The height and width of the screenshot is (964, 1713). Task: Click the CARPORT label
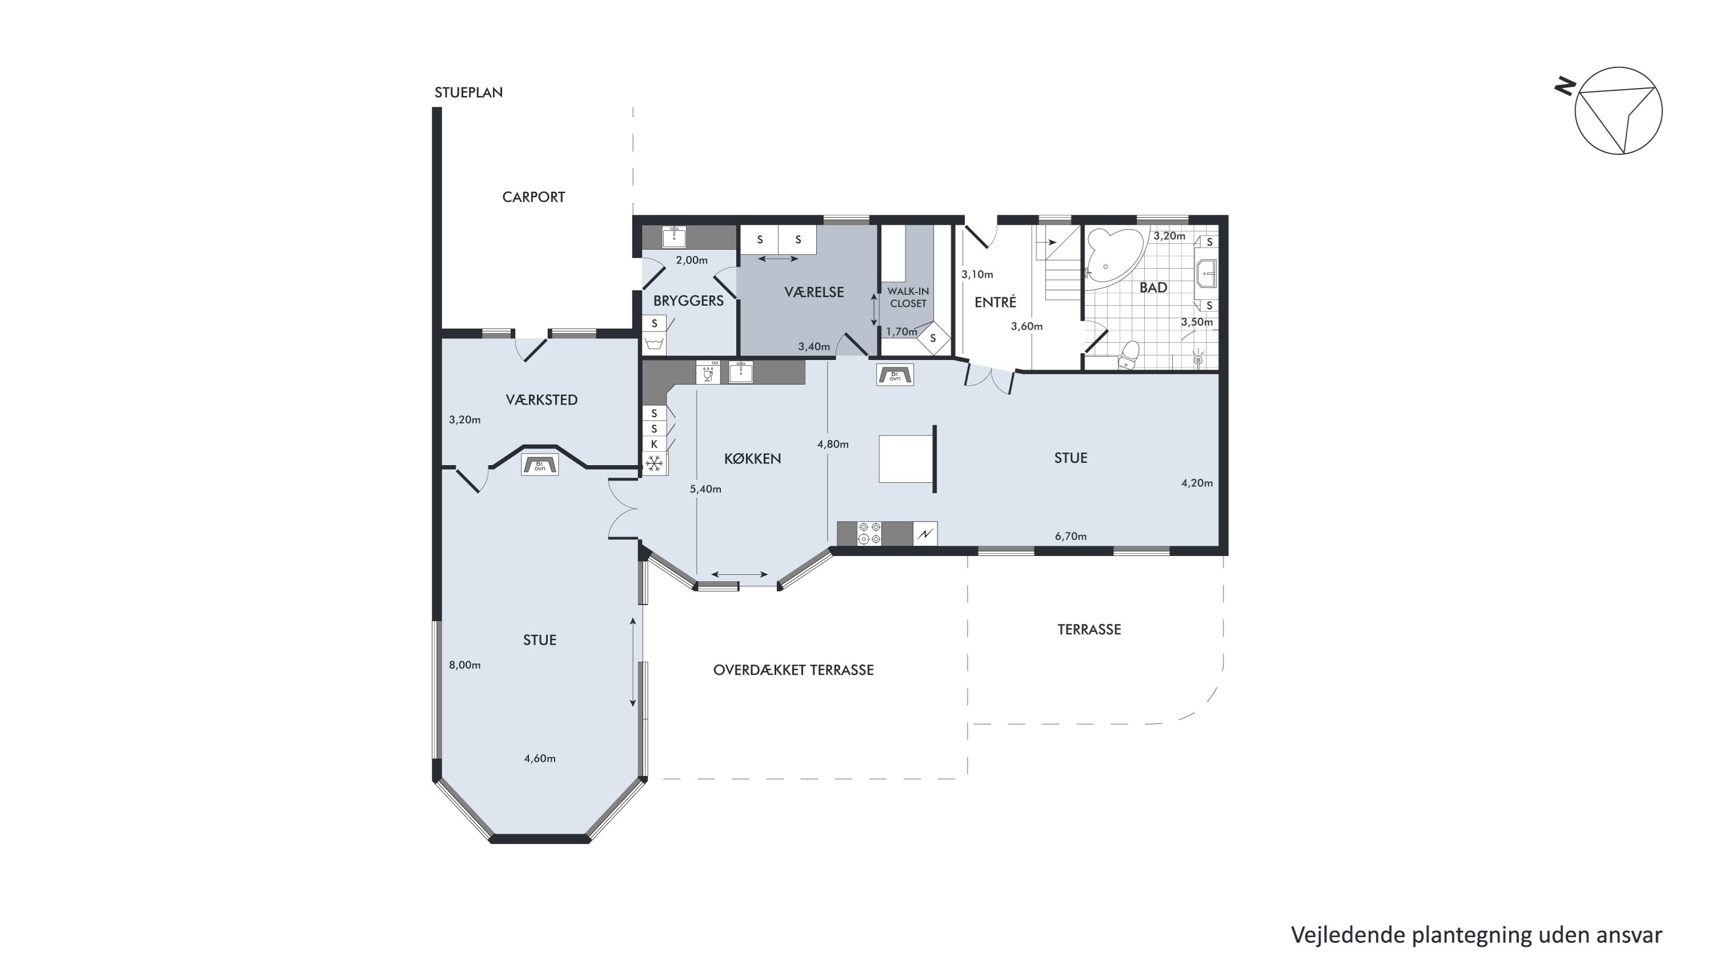533,197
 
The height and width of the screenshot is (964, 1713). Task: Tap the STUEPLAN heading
468,93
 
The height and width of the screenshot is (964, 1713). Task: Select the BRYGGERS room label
688,301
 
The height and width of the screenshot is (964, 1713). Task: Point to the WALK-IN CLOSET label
908,297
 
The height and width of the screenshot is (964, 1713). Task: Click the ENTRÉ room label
996,302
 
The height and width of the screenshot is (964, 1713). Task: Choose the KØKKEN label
752,458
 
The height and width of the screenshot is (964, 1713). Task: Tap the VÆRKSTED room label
541,400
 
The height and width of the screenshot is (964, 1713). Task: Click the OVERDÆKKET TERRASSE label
793,670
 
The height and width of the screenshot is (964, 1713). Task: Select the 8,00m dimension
464,665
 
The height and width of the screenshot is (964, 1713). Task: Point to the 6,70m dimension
1070,536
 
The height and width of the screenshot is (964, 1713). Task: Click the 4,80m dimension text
833,445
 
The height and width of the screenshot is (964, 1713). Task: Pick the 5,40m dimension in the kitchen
705,489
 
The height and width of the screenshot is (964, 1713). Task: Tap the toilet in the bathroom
1129,355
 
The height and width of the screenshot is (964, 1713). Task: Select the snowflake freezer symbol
655,463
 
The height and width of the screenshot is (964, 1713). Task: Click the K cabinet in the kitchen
655,444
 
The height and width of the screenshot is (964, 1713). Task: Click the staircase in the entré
1057,263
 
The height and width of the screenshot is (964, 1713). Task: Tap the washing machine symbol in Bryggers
655,345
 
